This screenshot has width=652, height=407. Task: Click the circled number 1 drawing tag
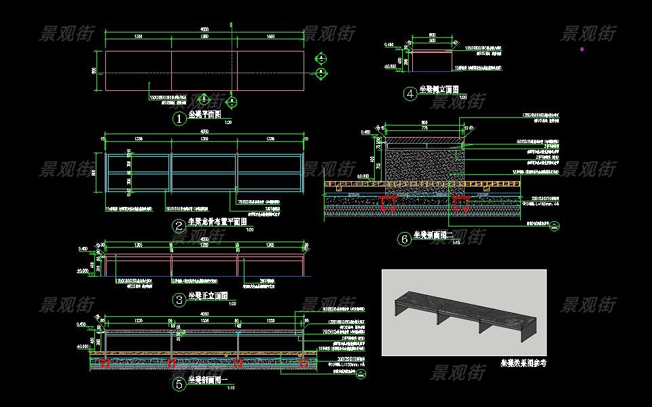click(x=179, y=119)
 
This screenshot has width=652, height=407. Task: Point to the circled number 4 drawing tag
click(x=410, y=94)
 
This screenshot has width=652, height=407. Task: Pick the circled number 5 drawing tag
click(x=179, y=384)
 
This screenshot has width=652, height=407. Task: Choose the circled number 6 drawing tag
click(x=405, y=239)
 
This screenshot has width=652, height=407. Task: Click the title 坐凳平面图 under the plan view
click(x=204, y=115)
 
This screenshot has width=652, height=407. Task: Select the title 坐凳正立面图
click(x=208, y=296)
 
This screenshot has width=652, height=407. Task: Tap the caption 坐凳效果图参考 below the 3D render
click(x=523, y=364)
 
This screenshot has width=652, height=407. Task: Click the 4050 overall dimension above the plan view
click(x=204, y=29)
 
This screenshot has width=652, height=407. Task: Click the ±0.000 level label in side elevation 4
click(x=389, y=67)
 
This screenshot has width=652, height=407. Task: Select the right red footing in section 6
click(x=461, y=201)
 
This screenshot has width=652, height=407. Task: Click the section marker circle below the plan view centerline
click(x=232, y=102)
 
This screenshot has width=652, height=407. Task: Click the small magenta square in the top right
click(x=581, y=49)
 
